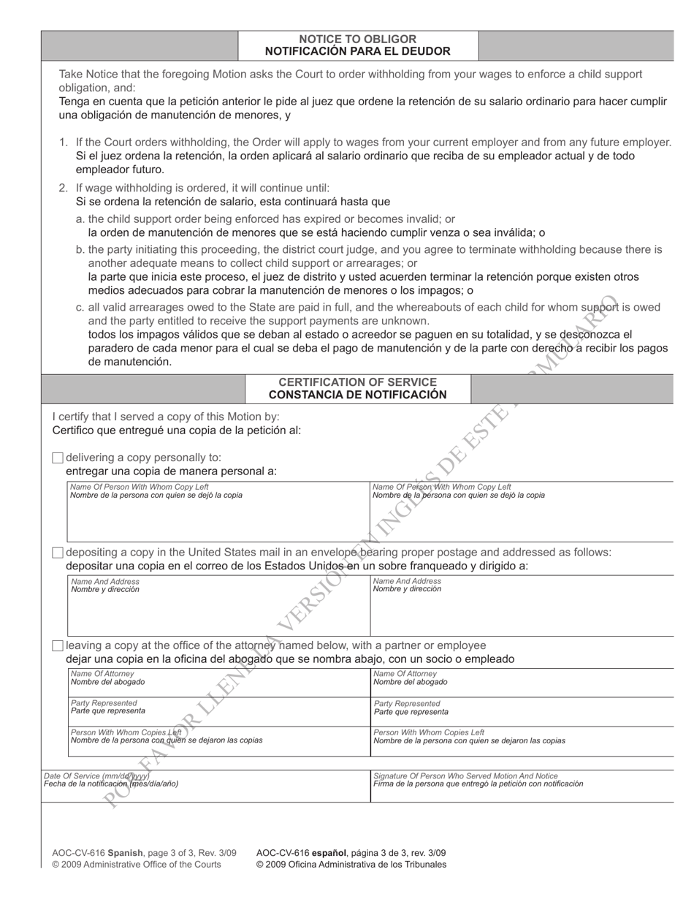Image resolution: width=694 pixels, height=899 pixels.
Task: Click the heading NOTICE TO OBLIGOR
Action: click(358, 39)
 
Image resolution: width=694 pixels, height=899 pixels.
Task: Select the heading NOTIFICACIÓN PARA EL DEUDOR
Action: click(358, 51)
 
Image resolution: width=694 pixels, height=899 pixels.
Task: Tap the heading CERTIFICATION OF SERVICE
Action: click(358, 382)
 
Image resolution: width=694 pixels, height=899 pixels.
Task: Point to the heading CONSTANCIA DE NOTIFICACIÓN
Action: click(358, 395)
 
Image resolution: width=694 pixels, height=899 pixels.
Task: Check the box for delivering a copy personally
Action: click(58, 458)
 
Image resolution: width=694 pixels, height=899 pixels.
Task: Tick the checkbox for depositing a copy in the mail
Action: click(58, 553)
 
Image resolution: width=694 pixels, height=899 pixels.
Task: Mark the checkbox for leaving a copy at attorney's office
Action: click(58, 646)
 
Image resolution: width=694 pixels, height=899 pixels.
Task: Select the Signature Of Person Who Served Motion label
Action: click(465, 775)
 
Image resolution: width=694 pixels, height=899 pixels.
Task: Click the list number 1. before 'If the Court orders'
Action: click(64, 142)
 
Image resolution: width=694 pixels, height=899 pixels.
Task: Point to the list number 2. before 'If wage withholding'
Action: click(64, 188)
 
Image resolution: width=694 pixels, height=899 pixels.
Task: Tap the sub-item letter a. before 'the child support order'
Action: click(80, 219)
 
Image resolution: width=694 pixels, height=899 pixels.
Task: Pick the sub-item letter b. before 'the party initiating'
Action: click(80, 249)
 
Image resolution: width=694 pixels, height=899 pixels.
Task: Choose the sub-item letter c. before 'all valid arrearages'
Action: click(80, 308)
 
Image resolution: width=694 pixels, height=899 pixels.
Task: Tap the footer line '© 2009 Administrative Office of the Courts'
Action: click(137, 865)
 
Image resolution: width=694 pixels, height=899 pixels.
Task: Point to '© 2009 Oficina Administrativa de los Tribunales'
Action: click(351, 865)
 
